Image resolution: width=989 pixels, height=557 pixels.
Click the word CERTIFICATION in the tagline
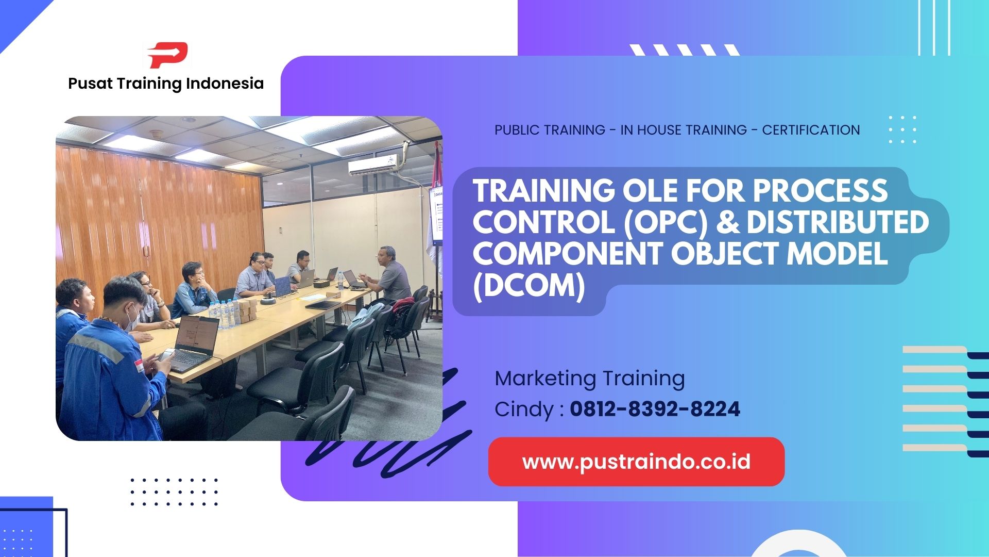(811, 130)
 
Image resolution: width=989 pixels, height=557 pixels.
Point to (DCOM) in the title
(529, 285)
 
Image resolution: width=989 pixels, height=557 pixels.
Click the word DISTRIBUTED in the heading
(838, 222)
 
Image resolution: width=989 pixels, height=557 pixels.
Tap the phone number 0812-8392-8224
(655, 409)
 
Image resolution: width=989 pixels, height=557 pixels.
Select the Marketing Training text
(589, 379)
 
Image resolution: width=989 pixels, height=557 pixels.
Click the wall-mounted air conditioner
(372, 166)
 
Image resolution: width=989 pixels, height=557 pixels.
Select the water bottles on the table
(224, 313)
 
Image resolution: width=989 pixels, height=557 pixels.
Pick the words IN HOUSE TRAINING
(683, 130)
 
